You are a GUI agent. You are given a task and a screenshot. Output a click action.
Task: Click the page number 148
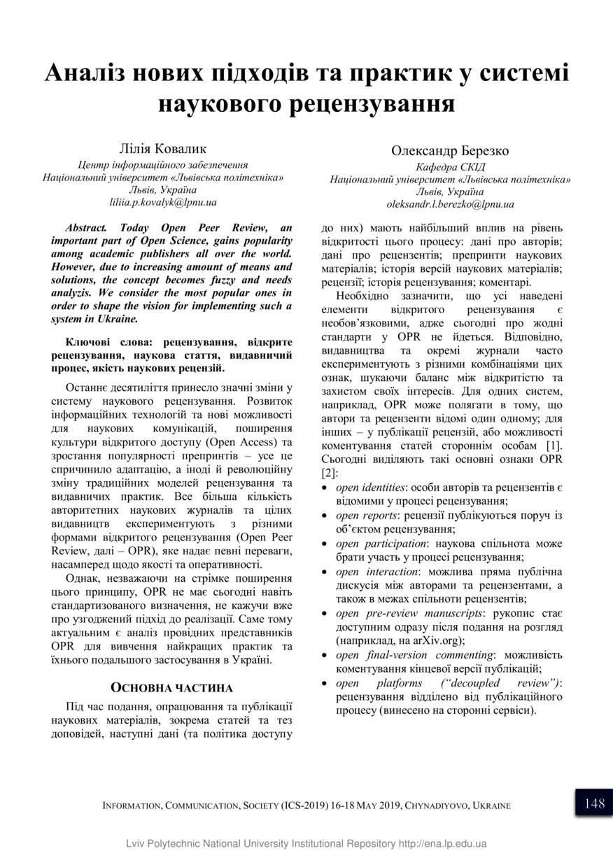pos(594,803)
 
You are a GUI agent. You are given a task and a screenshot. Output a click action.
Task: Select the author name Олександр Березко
pos(450,151)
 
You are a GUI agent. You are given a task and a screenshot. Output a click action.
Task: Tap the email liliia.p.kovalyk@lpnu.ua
pos(163,202)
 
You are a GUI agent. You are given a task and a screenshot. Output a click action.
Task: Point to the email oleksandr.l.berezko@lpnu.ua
pos(450,204)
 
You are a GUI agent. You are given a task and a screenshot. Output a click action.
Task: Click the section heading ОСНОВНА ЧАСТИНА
pos(172,687)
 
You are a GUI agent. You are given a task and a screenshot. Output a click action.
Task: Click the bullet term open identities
pos(370,487)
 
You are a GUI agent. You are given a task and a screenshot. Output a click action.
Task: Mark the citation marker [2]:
pos(330,473)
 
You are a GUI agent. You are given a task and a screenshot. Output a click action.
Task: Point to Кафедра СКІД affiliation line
pos(450,167)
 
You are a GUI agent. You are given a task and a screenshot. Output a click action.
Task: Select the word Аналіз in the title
pos(94,73)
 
